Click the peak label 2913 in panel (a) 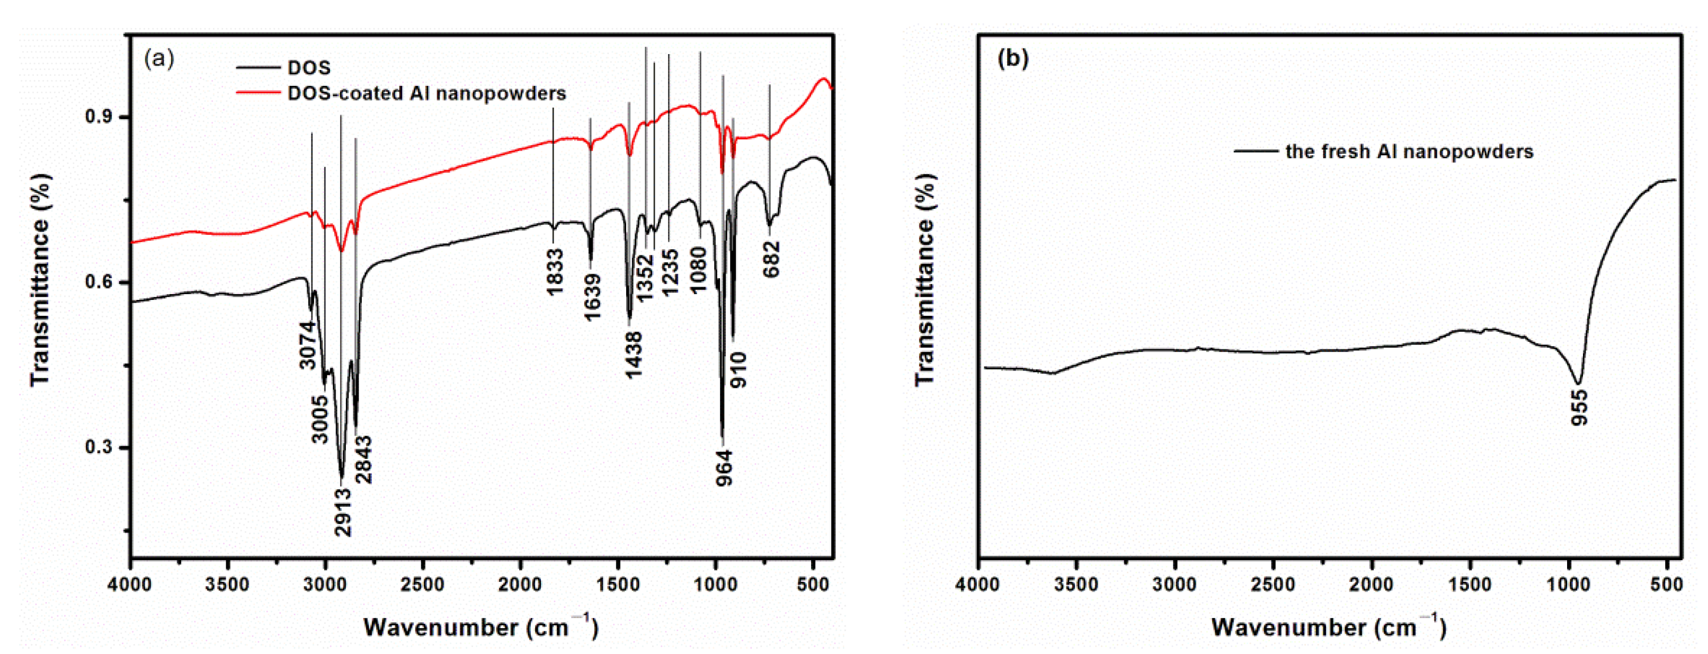point(343,512)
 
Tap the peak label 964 point(725,467)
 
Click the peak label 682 point(772,259)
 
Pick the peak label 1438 point(634,355)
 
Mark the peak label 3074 point(307,345)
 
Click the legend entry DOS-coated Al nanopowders point(426,93)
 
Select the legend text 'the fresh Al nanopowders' point(1409,152)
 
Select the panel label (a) point(159,59)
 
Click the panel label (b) point(1012,59)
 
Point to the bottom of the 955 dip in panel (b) point(1579,383)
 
